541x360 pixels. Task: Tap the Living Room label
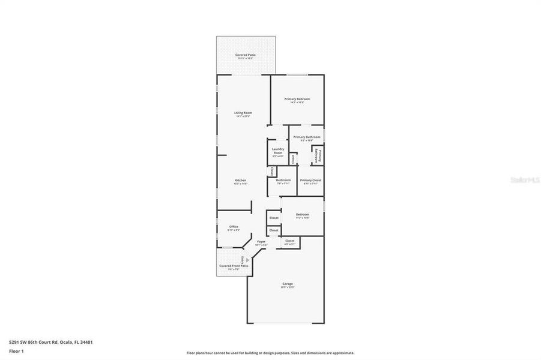[x=243, y=113]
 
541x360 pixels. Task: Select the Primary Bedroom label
[x=297, y=99]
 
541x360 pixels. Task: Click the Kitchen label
[x=241, y=180]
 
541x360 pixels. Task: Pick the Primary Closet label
[x=311, y=180]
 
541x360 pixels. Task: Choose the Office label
[x=234, y=227]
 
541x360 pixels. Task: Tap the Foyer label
[x=261, y=242]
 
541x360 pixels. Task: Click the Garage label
[x=288, y=284]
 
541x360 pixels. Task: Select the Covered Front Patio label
[x=234, y=266]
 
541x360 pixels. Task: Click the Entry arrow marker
[x=247, y=260]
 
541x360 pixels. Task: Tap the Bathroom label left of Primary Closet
[x=283, y=180]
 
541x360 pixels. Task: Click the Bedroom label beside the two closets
[x=303, y=214]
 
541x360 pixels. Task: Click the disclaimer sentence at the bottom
[x=270, y=353]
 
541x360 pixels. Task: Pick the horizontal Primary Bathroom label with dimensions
[x=307, y=137]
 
